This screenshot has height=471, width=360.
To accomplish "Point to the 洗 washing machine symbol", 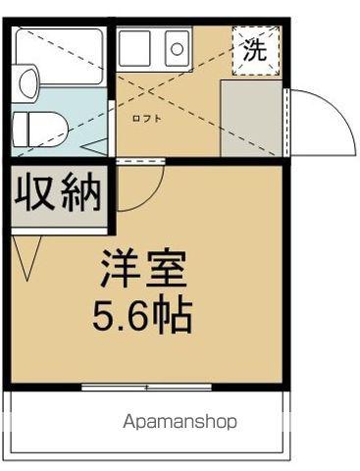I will [x=254, y=52].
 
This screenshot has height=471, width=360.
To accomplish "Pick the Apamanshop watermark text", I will [x=180, y=422].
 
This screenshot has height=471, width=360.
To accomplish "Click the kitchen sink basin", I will [x=134, y=46].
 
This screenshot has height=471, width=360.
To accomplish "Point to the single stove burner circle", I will [x=177, y=45].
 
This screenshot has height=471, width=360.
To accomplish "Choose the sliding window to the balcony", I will [x=147, y=388].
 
